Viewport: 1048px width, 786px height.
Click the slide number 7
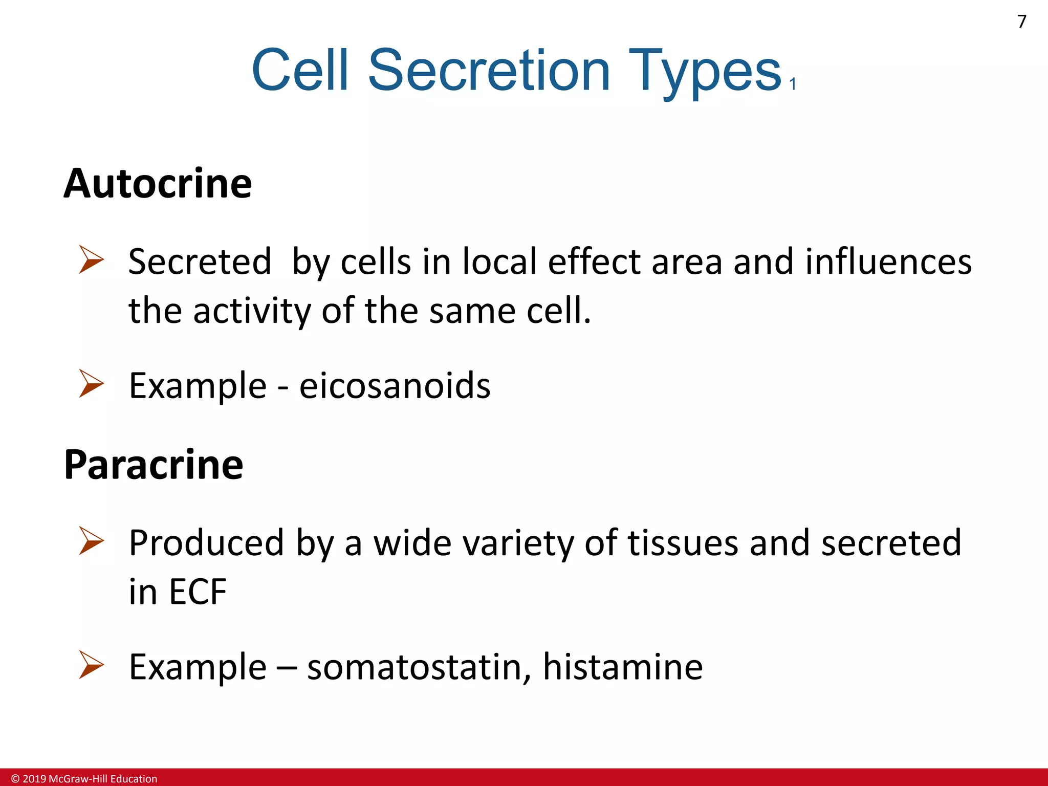1021,21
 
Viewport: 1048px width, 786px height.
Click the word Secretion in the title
489,70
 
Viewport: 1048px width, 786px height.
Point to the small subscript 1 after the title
793,84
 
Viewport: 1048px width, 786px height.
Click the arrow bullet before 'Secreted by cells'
92,259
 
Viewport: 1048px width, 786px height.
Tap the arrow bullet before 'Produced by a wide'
92,541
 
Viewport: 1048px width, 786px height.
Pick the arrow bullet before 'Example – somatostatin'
92,665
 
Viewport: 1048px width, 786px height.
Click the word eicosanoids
395,386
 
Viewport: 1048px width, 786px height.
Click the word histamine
622,667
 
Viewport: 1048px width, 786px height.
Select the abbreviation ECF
198,592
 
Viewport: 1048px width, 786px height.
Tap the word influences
888,261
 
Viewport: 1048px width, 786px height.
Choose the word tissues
683,542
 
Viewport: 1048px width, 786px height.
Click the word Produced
206,542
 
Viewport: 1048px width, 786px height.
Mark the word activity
251,311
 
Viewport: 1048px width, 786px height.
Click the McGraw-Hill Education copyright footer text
84,779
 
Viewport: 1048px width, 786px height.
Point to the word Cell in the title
300,70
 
